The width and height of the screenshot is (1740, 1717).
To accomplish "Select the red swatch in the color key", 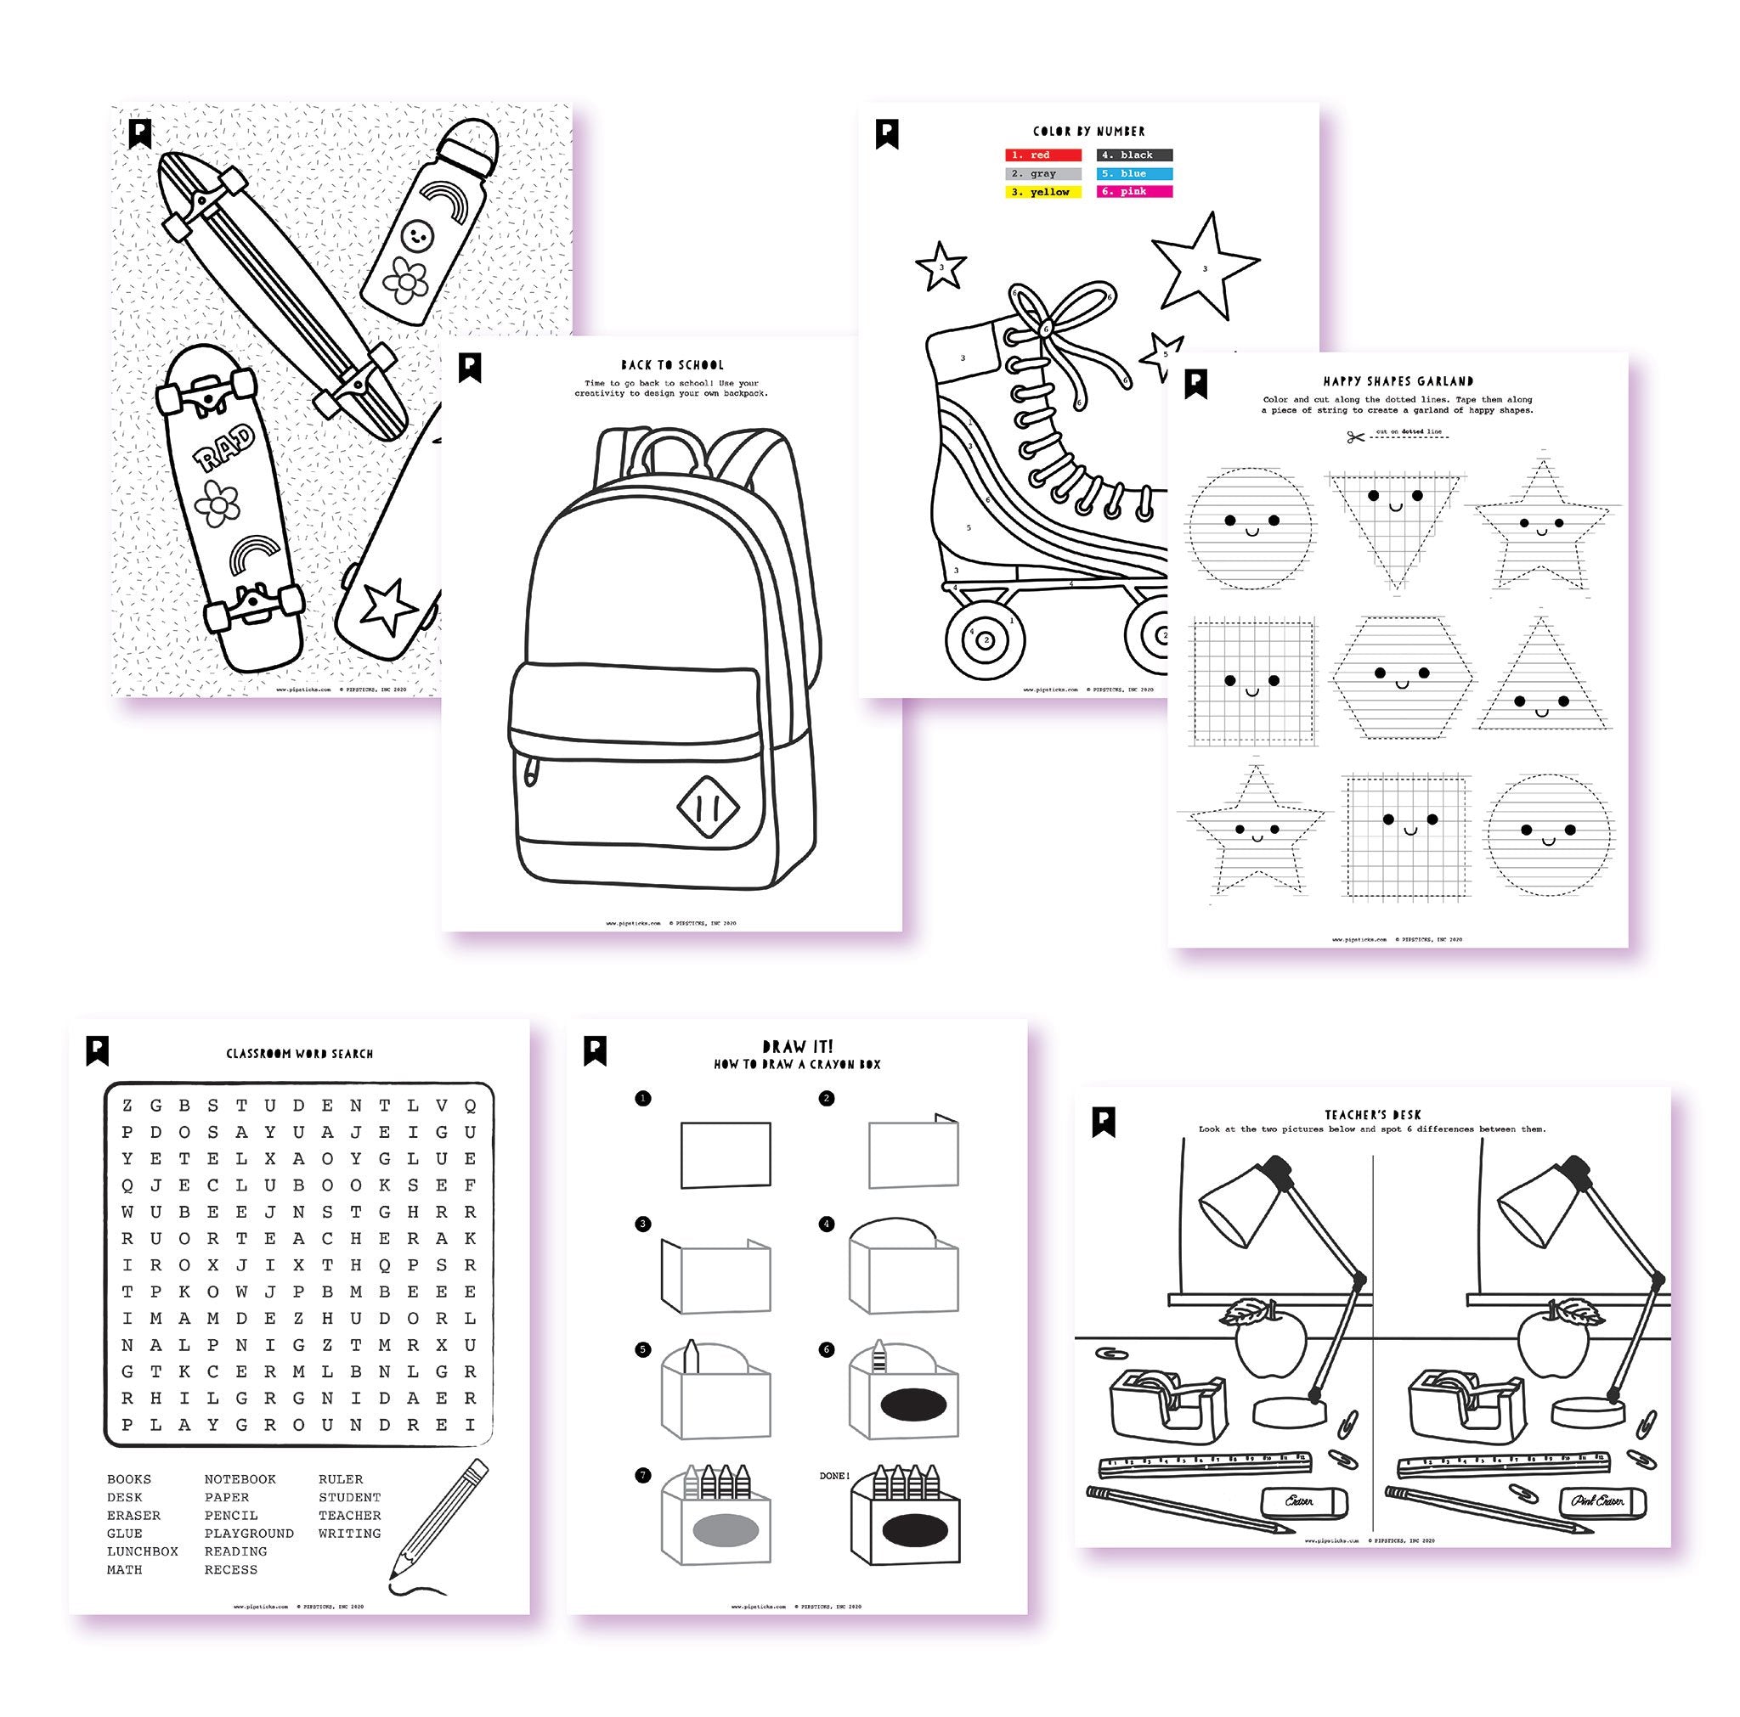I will point(1043,155).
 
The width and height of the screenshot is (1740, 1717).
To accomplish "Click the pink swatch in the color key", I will point(1134,192).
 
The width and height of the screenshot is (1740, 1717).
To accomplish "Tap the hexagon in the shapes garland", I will point(1402,677).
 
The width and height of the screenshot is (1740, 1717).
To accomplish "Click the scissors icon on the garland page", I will point(1354,436).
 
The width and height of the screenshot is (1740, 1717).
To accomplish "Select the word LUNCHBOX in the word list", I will point(142,1551).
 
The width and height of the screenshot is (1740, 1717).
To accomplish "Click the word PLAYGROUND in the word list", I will point(249,1534).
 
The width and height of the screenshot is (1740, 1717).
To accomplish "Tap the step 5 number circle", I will point(643,1349).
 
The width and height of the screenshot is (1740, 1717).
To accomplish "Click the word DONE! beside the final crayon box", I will point(834,1476).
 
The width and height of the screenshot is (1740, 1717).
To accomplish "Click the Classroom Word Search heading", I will point(299,1054).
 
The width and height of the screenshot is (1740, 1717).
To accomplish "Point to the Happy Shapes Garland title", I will point(1398,382).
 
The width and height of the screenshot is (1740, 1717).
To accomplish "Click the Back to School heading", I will point(672,364).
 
